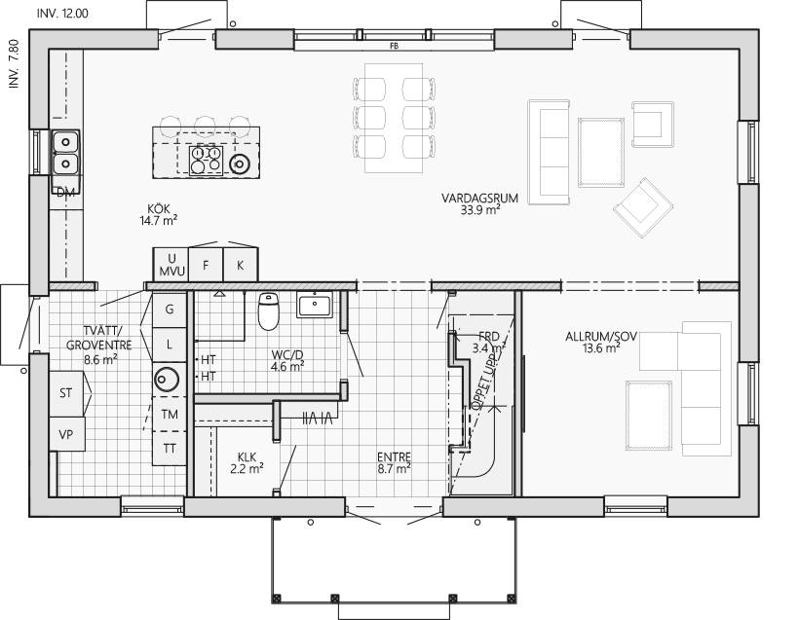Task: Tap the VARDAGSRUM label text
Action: point(479,198)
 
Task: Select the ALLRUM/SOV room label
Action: point(601,337)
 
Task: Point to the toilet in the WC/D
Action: point(269,311)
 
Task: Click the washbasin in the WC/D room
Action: point(315,305)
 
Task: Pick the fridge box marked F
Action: point(206,265)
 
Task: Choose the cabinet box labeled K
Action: point(240,265)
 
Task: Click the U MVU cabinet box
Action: point(171,265)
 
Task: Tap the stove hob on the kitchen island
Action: point(206,160)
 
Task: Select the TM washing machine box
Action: point(170,414)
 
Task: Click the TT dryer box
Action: point(170,448)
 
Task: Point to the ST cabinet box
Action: point(66,393)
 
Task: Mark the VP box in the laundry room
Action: point(66,434)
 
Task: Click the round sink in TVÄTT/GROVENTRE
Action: point(166,380)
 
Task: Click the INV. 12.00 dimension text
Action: point(62,14)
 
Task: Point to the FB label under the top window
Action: point(394,46)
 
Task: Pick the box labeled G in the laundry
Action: point(170,310)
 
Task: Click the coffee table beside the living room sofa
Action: point(601,152)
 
